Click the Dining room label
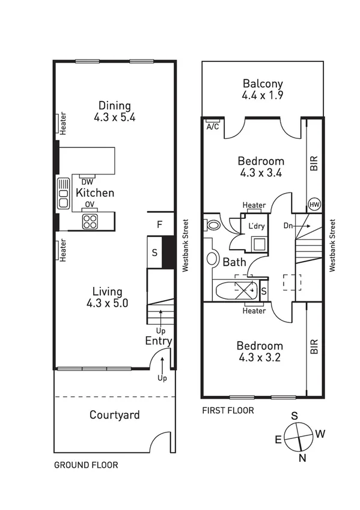(114, 105)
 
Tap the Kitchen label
(95, 193)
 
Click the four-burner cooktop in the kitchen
(90, 222)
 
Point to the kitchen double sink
(64, 194)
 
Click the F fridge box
(159, 224)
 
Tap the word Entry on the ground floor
(159, 341)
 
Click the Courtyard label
(115, 415)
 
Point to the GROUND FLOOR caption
(86, 465)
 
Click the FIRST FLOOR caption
(228, 411)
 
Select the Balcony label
(263, 84)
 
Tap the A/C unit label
(212, 127)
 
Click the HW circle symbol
(314, 204)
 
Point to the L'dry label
(258, 227)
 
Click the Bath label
(234, 262)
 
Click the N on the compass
(303, 458)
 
